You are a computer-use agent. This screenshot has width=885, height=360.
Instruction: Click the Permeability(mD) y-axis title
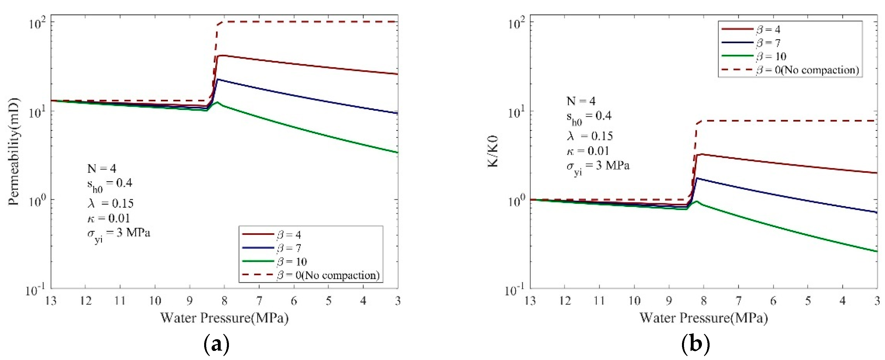[x=15, y=151]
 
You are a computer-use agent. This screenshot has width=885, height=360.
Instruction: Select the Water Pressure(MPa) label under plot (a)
[x=224, y=318]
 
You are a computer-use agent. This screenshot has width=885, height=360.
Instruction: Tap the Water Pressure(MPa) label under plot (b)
[x=703, y=318]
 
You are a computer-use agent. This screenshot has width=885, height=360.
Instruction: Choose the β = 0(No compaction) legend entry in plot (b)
[x=807, y=70]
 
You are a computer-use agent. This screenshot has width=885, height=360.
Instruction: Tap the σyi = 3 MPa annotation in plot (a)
[x=118, y=234]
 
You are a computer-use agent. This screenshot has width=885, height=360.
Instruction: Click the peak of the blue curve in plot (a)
[x=218, y=79]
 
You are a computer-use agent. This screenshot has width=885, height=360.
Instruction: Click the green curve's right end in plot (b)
[x=876, y=252]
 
